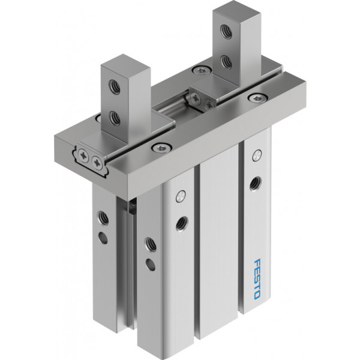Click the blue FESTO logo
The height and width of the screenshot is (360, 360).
pyautogui.click(x=257, y=279)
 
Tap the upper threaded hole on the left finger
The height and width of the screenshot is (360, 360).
pyautogui.click(x=115, y=87)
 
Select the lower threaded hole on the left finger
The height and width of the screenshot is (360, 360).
pyautogui.click(x=115, y=118)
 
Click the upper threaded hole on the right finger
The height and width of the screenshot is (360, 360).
pyautogui.click(x=226, y=32)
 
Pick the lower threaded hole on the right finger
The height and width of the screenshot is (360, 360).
pyautogui.click(x=226, y=62)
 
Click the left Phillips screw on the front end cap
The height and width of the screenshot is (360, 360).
pyautogui.click(x=83, y=155)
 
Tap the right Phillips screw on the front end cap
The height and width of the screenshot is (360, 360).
pyautogui.click(x=97, y=163)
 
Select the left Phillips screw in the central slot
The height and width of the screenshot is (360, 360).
pyautogui.click(x=196, y=98)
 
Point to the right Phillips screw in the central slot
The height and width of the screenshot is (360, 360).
pyautogui.click(x=209, y=104)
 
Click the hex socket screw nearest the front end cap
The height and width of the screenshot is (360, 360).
pyautogui.click(x=161, y=147)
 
